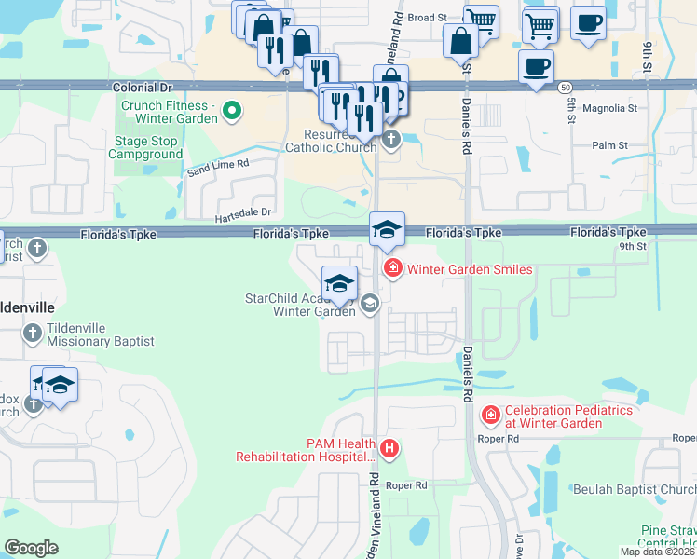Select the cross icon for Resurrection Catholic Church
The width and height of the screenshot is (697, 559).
pos(390,140)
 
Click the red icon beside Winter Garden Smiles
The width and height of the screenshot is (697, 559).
pos(392,269)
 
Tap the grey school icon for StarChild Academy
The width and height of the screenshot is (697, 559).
pos(370,303)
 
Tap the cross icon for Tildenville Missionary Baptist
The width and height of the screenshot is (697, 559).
pos(32,333)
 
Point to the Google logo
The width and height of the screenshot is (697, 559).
pos(31,548)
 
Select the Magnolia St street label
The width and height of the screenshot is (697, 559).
pos(608,108)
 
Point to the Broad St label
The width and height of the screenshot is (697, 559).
pos(428,18)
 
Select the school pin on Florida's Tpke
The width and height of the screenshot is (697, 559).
pos(387,229)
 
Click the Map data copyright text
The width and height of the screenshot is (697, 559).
pos(657,552)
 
